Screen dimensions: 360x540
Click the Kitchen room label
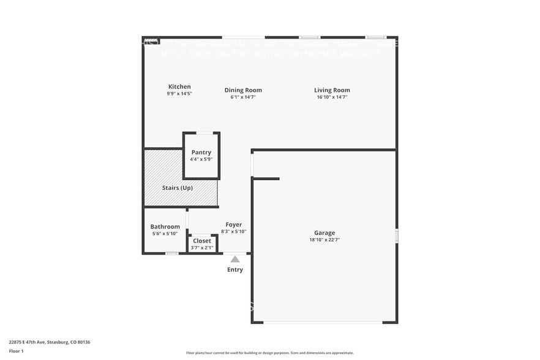179,87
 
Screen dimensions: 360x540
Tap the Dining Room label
243,90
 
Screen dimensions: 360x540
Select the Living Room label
332,90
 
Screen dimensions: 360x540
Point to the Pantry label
201,152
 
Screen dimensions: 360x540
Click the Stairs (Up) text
177,188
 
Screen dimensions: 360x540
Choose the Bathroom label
165,227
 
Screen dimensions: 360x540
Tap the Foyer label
233,225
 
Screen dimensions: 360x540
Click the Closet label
202,241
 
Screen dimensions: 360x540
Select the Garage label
324,233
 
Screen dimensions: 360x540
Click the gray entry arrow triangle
235,260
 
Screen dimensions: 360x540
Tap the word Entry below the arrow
235,269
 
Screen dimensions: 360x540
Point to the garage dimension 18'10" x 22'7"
324,240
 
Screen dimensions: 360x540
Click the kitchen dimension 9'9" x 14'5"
179,94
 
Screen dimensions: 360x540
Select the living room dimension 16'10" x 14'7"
332,97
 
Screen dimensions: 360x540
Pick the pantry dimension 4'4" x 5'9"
201,159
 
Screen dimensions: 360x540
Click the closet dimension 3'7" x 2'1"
202,248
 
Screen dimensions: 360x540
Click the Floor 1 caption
17,351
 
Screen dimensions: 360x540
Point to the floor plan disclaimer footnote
270,353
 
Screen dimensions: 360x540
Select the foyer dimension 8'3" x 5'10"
233,231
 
